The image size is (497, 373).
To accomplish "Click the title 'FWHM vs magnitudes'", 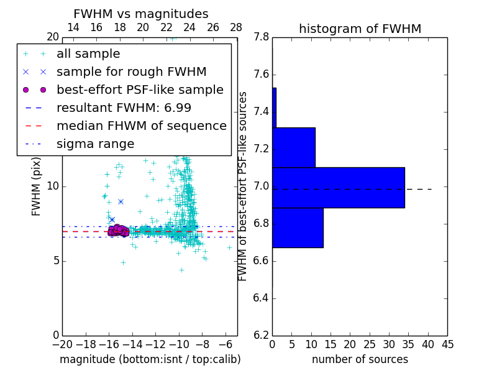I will point(141,14).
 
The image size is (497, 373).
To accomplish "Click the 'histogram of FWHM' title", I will point(360,29).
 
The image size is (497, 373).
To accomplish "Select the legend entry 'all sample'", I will point(88,54).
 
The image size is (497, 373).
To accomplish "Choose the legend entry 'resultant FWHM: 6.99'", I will point(124,108).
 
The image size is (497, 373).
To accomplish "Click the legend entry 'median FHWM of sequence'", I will point(141,126).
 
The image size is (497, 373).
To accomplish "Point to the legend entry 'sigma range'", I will point(95,144).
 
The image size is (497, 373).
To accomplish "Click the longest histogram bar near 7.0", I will point(338,187).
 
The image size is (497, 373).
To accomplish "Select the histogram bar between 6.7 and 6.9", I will point(298,228).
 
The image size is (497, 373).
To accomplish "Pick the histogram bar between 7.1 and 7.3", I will point(294,147).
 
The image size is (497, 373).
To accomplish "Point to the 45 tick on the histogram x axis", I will point(447,344).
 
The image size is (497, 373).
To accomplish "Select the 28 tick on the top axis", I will point(236,27).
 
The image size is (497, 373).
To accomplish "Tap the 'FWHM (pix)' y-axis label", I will point(37,186).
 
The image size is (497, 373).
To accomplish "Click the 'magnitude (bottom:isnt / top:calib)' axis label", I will point(150,359).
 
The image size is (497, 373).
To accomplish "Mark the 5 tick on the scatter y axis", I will point(55,260).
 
